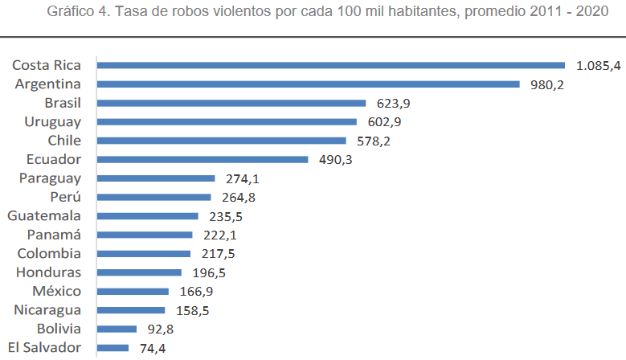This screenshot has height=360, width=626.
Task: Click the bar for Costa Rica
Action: click(x=329, y=65)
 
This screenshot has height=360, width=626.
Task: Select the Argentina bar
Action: click(x=308, y=84)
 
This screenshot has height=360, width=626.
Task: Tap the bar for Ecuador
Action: click(x=202, y=159)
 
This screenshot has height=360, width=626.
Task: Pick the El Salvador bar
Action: click(x=113, y=347)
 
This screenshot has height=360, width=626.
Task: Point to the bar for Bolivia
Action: click(x=117, y=329)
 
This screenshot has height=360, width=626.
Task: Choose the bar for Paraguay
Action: click(x=156, y=178)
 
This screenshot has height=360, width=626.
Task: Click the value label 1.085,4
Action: click(x=598, y=65)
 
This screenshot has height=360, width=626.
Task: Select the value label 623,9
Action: click(x=387, y=103)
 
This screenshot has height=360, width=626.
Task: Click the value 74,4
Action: click(x=151, y=348)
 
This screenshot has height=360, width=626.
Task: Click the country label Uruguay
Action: click(x=52, y=121)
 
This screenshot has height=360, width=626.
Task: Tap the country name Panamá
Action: click(x=53, y=235)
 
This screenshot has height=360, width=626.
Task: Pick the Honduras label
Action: click(x=49, y=272)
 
